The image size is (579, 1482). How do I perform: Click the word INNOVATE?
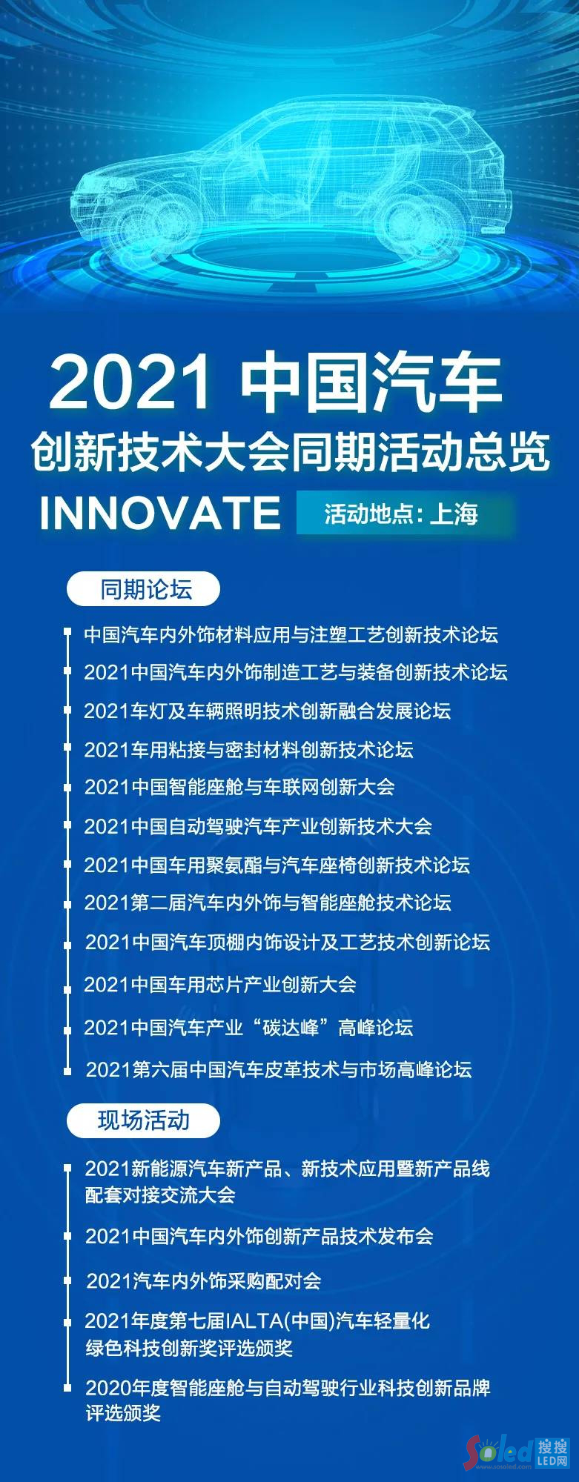click(x=160, y=513)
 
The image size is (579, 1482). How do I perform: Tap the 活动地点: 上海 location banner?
click(x=406, y=513)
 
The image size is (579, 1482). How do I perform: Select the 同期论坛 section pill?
click(x=144, y=590)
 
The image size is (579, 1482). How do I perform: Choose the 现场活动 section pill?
click(x=144, y=1120)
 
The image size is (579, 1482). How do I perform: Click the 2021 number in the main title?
click(x=130, y=383)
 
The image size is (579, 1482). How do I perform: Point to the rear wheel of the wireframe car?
click(x=419, y=219)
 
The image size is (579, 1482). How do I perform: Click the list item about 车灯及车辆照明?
click(x=267, y=711)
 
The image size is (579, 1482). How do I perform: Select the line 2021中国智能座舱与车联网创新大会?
click(x=239, y=787)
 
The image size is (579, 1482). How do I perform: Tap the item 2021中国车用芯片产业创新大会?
click(x=220, y=984)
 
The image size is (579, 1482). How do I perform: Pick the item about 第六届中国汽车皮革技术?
click(x=279, y=1069)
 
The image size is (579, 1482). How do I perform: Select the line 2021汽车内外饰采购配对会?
click(x=204, y=1280)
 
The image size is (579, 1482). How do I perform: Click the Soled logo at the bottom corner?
click(x=517, y=1452)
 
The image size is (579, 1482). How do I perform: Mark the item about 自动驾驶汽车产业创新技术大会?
click(x=258, y=825)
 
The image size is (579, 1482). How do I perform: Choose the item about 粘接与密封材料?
click(x=248, y=749)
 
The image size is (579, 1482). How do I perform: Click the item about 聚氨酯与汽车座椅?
click(x=277, y=865)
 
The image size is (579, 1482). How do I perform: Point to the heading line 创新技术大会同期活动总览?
click(x=290, y=451)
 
